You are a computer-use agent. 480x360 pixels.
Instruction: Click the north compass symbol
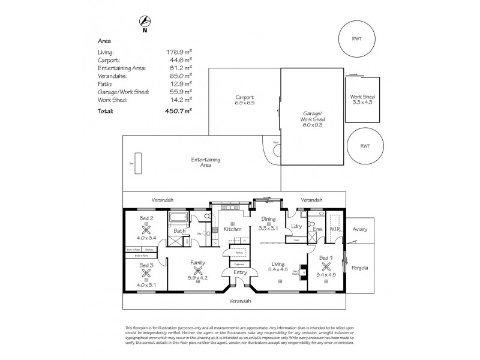(145, 23)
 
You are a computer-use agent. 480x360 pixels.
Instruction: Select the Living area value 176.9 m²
(179, 53)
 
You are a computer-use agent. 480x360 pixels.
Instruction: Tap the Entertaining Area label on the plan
(206, 163)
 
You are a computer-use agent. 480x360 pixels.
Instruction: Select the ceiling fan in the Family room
(197, 271)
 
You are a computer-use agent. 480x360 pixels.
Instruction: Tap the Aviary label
(360, 229)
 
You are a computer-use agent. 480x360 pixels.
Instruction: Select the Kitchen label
(232, 229)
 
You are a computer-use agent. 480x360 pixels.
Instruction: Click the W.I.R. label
(335, 228)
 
